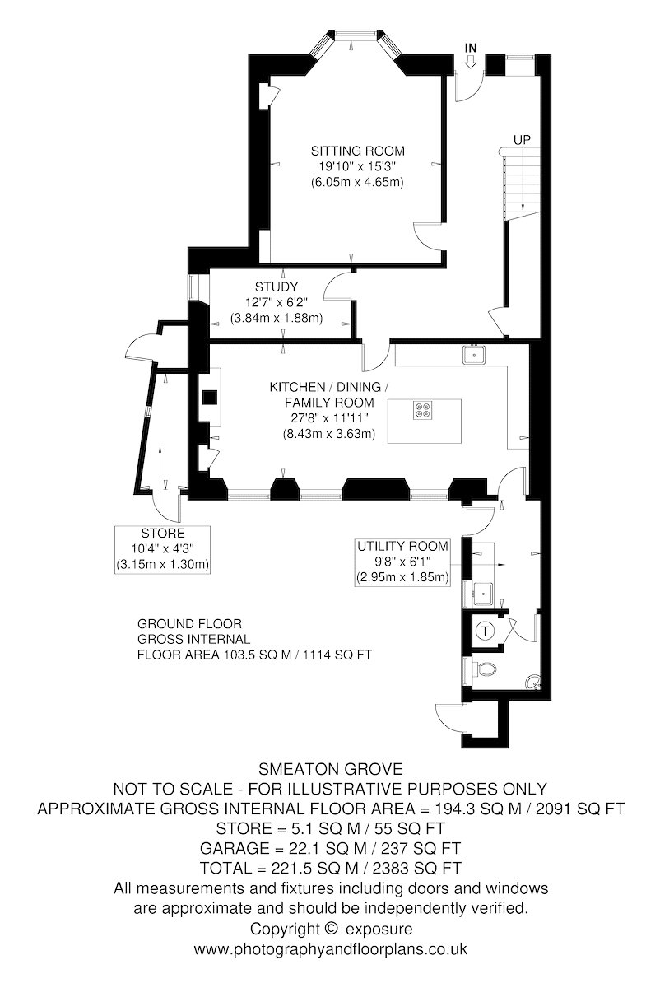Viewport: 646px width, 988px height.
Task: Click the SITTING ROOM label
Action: [x=358, y=151]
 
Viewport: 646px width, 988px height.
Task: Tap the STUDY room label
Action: [x=277, y=287]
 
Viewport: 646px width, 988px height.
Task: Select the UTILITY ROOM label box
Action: [x=402, y=562]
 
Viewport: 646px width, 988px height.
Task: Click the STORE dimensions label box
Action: [x=162, y=549]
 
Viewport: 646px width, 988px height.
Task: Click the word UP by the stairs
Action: [x=522, y=140]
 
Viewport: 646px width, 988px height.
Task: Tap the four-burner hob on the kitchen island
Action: [x=422, y=410]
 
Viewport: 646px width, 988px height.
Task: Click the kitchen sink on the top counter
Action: [x=474, y=355]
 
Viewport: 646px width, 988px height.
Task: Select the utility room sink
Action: [x=484, y=594]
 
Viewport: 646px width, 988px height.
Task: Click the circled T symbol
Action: [x=485, y=631]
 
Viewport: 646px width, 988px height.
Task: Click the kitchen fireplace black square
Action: [x=210, y=398]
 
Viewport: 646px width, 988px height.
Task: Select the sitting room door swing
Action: [x=427, y=236]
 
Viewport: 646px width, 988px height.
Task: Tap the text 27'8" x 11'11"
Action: [x=329, y=417]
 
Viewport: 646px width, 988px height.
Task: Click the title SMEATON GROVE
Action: [x=330, y=769]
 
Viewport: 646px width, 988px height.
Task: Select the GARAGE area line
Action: [x=330, y=848]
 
